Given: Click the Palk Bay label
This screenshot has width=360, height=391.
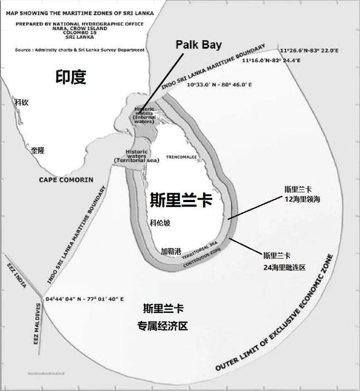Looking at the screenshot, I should [x=199, y=45].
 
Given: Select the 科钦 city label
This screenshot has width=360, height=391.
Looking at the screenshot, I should [x=22, y=102].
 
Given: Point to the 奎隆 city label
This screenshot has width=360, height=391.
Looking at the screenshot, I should [x=38, y=150].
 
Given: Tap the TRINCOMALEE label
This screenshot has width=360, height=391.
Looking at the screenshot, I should [x=181, y=156].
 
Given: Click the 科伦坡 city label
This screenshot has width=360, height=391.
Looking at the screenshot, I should [x=160, y=223].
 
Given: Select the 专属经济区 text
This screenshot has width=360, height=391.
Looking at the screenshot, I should [x=163, y=327].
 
